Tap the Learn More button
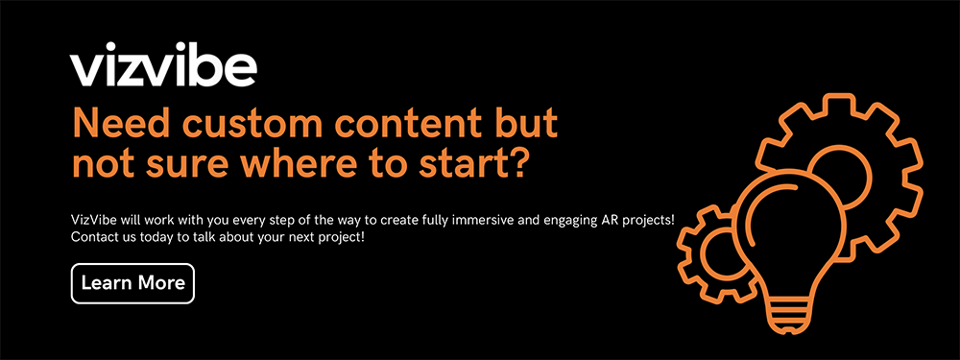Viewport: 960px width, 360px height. [x=132, y=283]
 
